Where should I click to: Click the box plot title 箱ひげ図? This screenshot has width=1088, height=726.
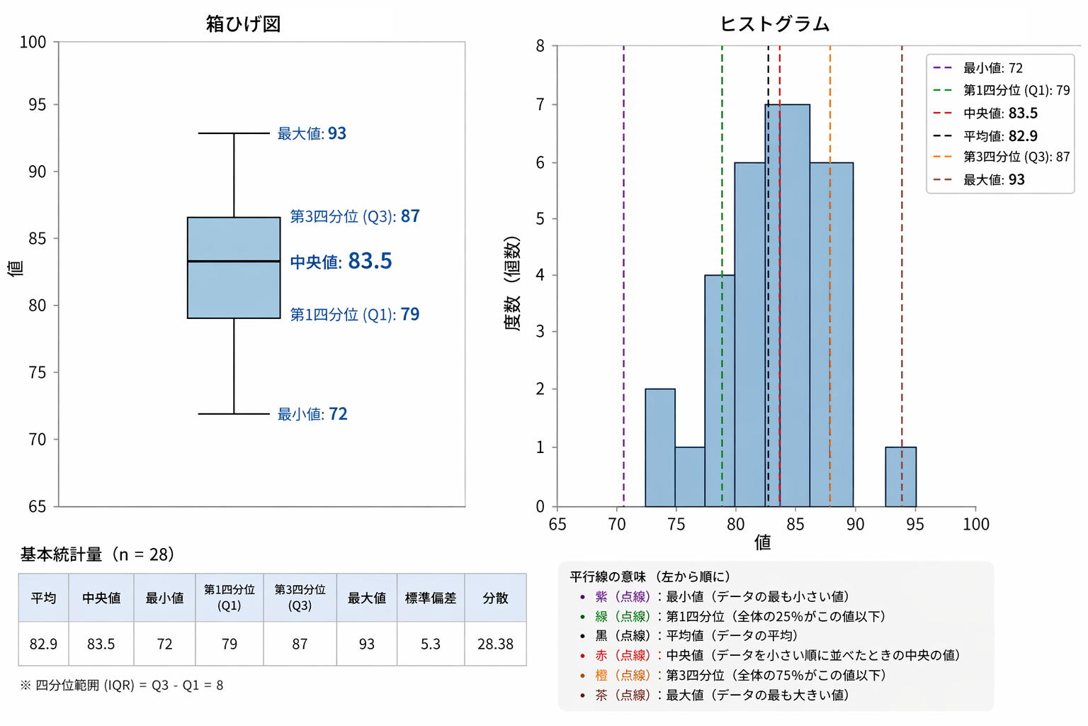click(x=243, y=23)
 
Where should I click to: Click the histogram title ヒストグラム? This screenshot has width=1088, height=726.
click(x=774, y=23)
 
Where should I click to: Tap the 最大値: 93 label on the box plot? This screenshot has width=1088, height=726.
click(x=312, y=133)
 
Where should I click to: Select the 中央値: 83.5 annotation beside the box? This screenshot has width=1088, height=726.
click(x=341, y=262)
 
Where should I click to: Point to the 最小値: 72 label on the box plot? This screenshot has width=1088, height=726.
click(x=312, y=414)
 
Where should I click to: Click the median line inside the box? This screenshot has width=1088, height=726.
click(x=234, y=262)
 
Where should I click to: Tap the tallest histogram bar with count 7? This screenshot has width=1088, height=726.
click(x=787, y=305)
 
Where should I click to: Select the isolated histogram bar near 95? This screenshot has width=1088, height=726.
click(x=900, y=476)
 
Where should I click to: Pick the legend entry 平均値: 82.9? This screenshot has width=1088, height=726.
click(x=1000, y=135)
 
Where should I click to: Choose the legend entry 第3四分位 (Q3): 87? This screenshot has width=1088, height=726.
click(x=1016, y=157)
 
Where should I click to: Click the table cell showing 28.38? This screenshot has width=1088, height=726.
click(x=495, y=644)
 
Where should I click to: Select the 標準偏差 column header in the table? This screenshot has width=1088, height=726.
click(x=430, y=598)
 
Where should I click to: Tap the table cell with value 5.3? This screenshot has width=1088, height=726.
click(x=430, y=644)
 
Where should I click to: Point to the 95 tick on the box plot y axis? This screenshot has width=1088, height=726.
click(x=37, y=105)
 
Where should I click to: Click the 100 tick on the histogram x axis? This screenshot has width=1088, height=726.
click(x=975, y=524)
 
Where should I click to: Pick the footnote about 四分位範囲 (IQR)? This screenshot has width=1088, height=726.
click(x=121, y=685)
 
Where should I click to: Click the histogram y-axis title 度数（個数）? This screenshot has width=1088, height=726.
click(x=512, y=284)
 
